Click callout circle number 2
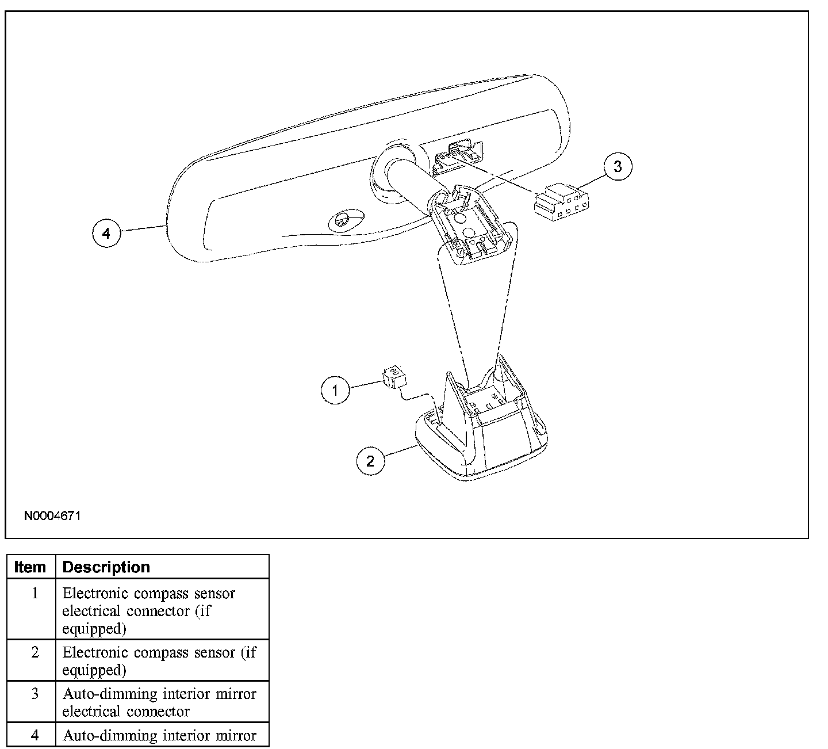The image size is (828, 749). click(x=371, y=460)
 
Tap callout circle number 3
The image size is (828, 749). click(x=618, y=167)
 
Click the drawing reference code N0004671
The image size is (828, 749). click(x=52, y=515)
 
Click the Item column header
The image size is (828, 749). click(x=30, y=567)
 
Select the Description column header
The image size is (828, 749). click(x=106, y=567)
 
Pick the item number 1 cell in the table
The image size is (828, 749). click(x=35, y=593)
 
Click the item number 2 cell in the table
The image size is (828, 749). click(x=35, y=652)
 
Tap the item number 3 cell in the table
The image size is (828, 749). click(x=35, y=694)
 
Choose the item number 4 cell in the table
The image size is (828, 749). click(x=35, y=735)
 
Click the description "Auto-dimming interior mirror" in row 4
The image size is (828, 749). click(x=159, y=735)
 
